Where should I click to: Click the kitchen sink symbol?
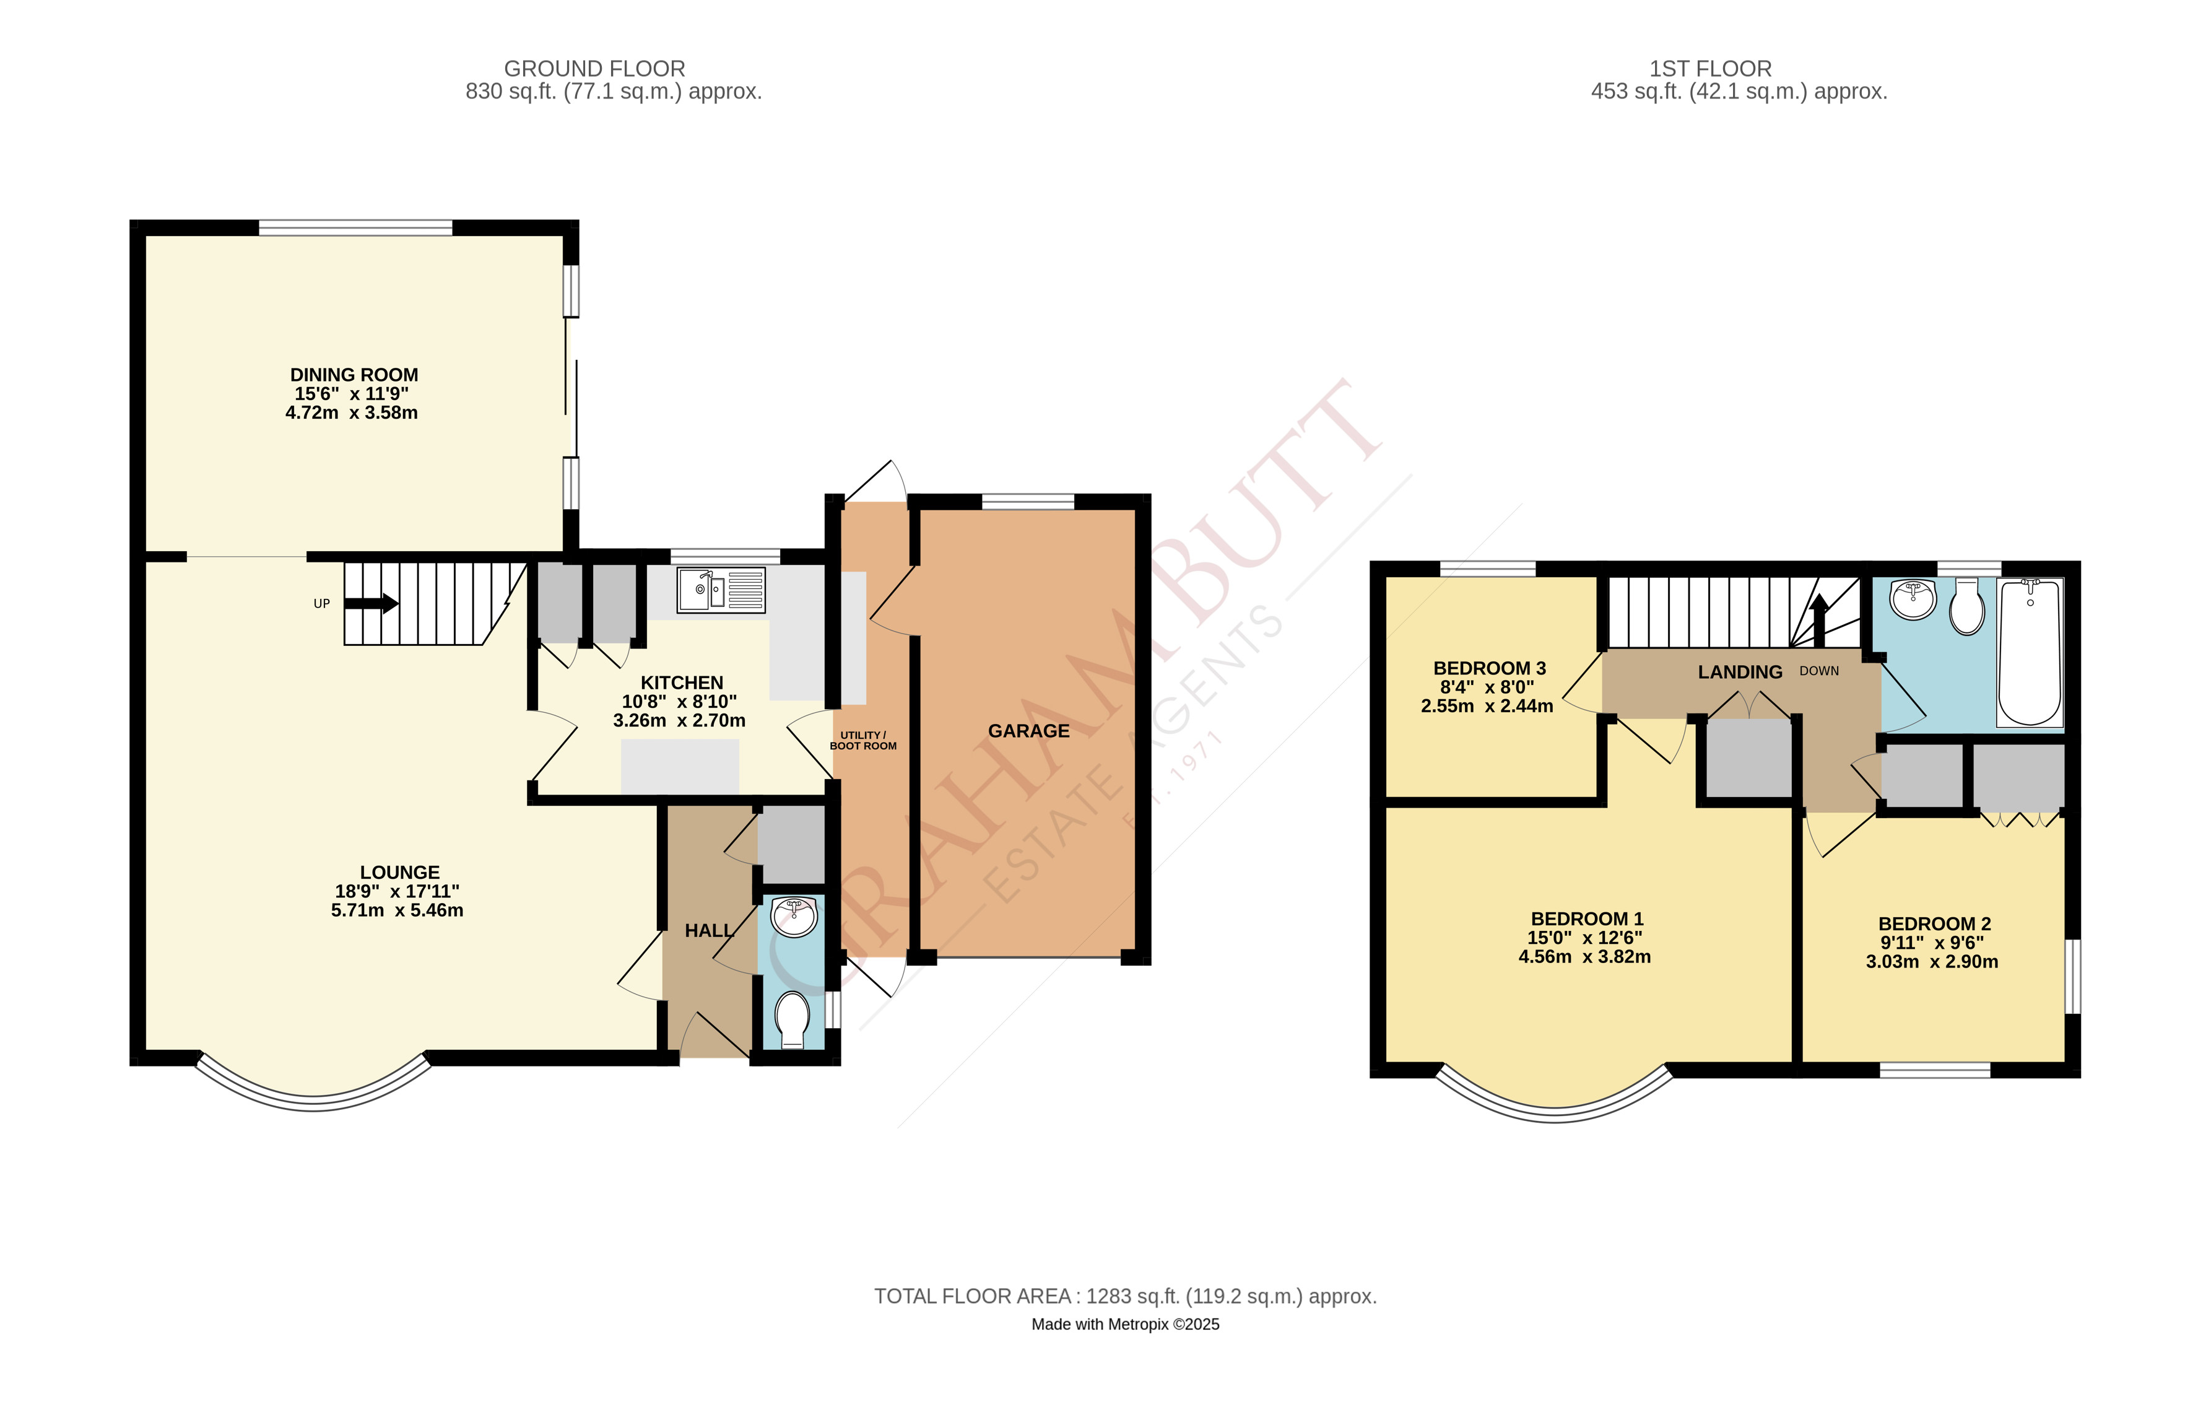point(721,591)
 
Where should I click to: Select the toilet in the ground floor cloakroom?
point(792,1019)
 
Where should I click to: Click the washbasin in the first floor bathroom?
point(1913,600)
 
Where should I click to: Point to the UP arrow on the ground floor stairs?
point(371,604)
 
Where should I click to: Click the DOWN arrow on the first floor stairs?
point(1818,619)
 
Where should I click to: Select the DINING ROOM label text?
point(354,375)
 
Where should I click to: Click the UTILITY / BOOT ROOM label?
point(862,741)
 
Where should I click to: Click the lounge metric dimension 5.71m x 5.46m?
point(397,910)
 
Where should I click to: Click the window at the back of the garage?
point(1028,502)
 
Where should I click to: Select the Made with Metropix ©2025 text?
point(1124,1324)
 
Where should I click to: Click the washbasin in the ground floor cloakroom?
point(794,917)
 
